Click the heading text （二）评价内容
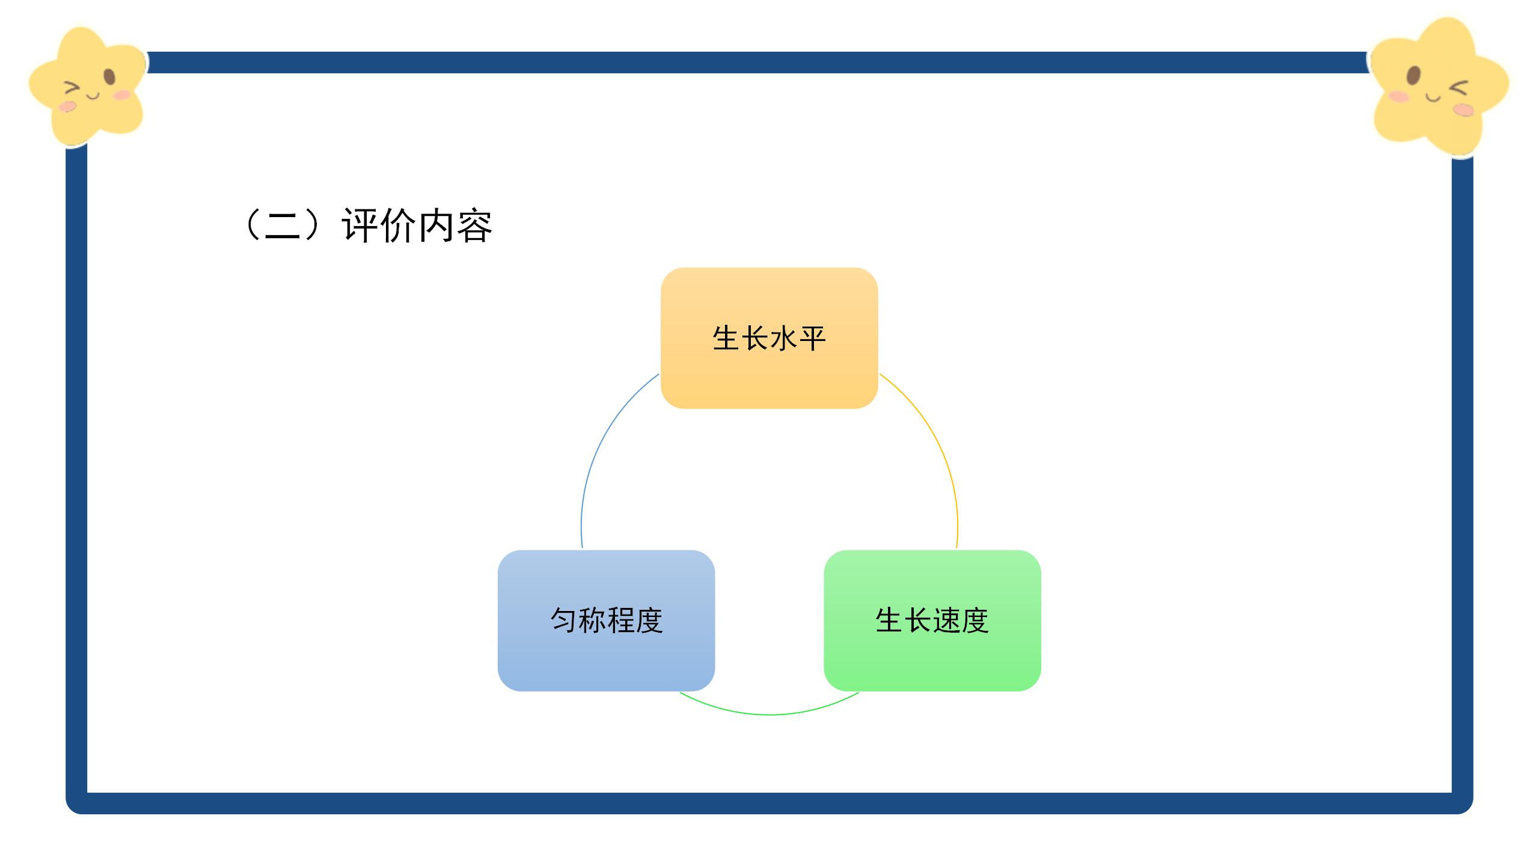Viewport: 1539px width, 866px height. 367,226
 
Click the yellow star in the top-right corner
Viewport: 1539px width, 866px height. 1440,87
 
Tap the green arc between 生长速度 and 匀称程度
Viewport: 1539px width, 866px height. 769,714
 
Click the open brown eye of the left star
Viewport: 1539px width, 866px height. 109,77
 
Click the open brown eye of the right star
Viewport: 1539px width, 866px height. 1413,76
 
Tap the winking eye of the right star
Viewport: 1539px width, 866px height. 1458,88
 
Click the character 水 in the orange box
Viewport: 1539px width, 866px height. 783,338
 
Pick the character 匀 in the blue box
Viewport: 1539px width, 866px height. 564,620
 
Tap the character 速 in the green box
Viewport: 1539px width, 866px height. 946,620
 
